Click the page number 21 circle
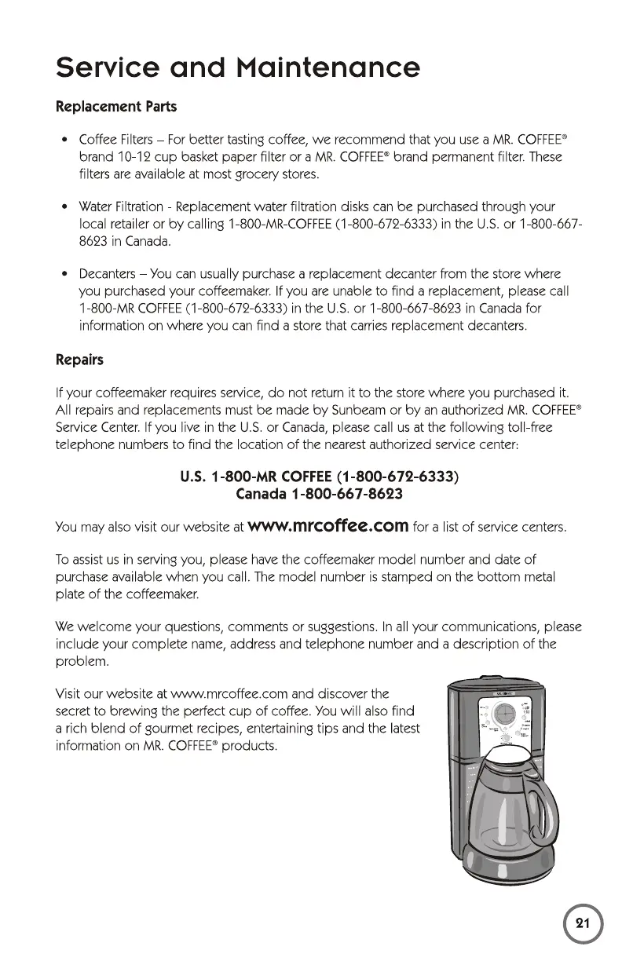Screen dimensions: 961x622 pyautogui.click(x=582, y=923)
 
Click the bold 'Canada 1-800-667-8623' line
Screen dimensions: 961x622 pyautogui.click(x=320, y=494)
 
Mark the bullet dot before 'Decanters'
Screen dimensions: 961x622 pyautogui.click(x=61, y=274)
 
